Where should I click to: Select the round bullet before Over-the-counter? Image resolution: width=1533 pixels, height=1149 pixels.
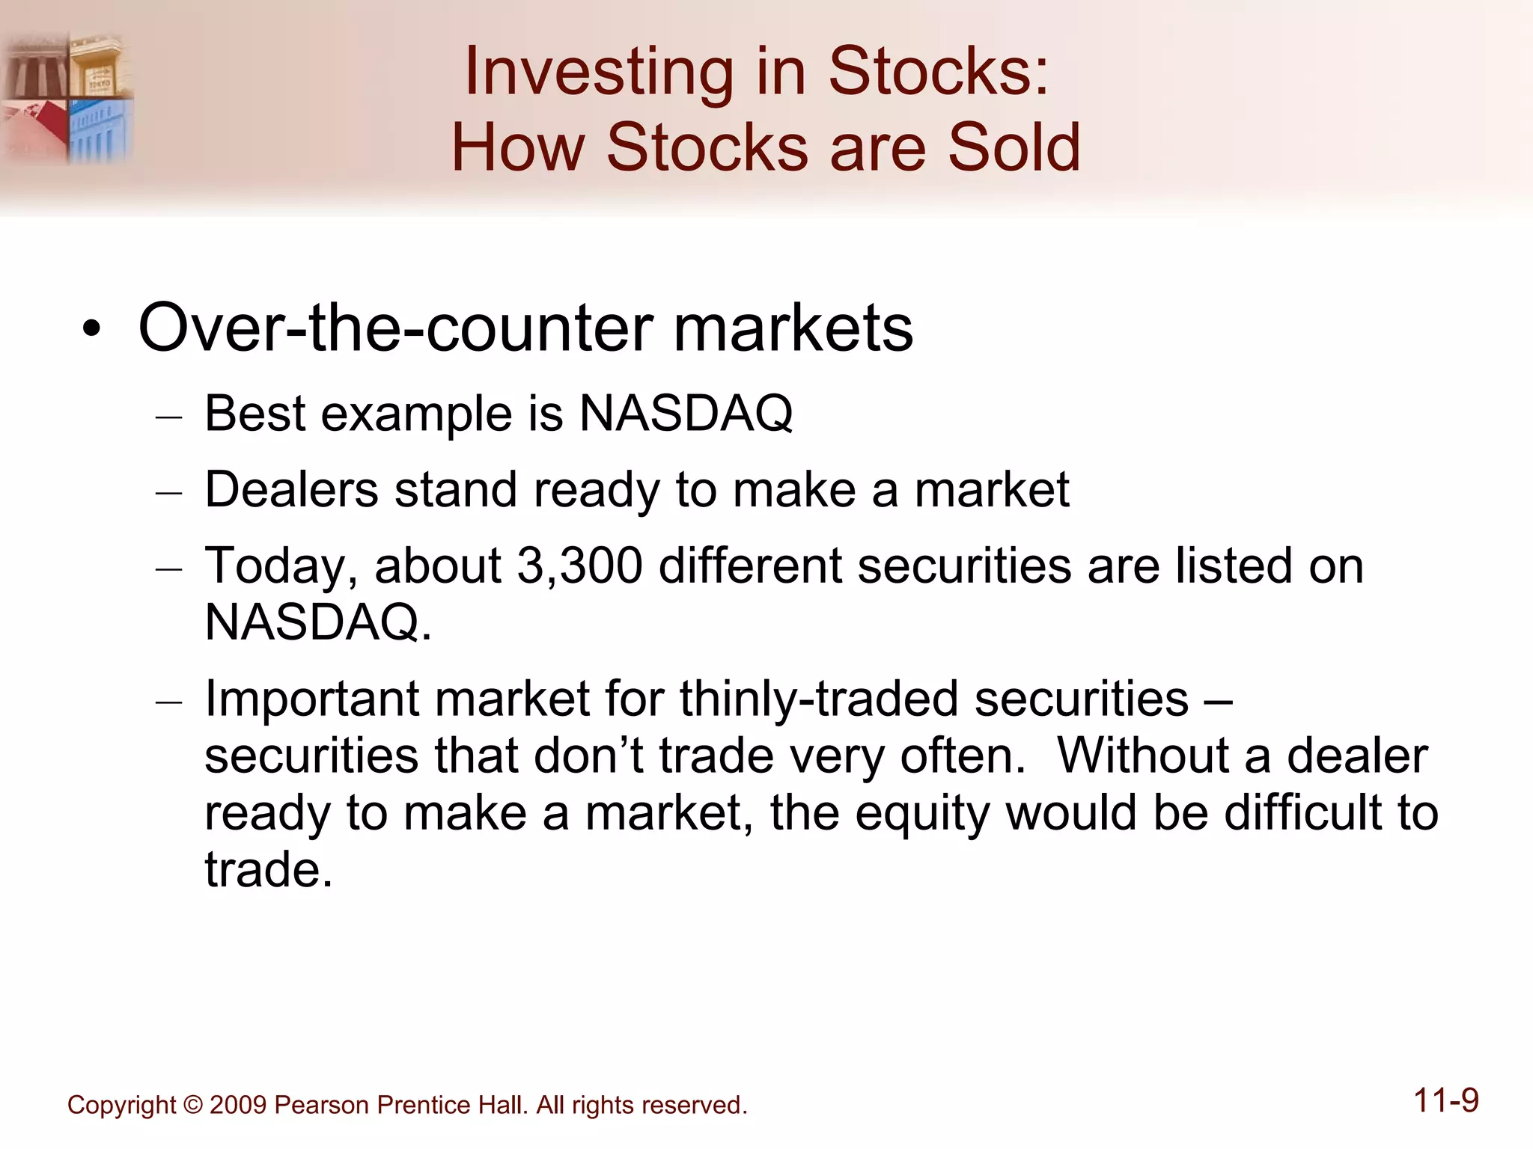tap(91, 329)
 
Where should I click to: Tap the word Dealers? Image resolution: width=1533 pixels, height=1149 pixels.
tap(291, 490)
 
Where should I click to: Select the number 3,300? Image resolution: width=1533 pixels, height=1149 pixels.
tap(579, 566)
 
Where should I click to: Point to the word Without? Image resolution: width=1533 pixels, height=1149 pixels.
tap(1142, 756)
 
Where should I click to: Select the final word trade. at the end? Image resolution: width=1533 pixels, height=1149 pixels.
tap(268, 870)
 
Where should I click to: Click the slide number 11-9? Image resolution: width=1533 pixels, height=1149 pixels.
tap(1445, 1101)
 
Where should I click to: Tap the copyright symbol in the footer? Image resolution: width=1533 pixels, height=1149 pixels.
tap(193, 1105)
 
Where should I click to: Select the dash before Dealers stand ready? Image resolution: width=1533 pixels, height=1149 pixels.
tap(169, 494)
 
